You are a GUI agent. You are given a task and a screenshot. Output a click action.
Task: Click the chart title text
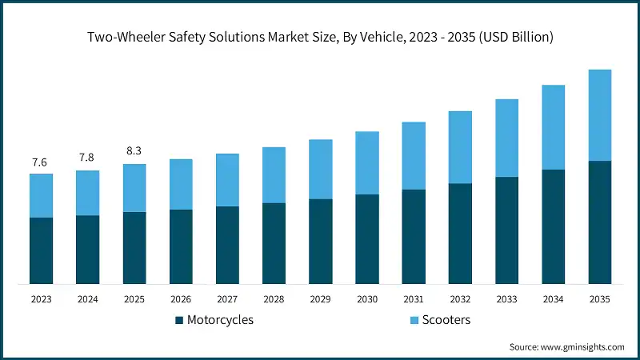[320, 37]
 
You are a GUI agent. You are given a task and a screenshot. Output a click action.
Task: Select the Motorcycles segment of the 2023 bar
[41, 250]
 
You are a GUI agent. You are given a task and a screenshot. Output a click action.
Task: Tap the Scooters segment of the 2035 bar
[600, 115]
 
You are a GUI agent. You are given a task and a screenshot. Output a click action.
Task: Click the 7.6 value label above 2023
[40, 162]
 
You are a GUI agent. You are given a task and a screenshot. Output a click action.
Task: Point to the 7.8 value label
[87, 158]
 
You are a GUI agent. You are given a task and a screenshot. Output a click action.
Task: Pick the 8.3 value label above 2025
[134, 150]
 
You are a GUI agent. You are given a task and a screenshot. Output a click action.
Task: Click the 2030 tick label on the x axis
[366, 298]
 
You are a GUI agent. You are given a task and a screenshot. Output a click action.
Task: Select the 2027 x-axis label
[227, 298]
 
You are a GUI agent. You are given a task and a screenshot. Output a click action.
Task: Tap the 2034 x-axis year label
[553, 298]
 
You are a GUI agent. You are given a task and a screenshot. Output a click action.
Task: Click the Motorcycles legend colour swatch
[180, 321]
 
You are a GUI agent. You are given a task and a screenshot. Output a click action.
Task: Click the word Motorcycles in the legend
[220, 320]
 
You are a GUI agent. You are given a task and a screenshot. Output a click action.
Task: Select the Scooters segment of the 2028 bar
[274, 175]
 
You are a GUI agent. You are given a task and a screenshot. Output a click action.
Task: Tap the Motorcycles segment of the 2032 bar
[460, 234]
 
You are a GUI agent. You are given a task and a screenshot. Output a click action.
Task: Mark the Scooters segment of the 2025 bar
[134, 188]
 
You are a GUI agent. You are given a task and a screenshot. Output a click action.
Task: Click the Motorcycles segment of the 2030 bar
[366, 239]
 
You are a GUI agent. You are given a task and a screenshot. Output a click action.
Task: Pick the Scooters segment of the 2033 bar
[506, 138]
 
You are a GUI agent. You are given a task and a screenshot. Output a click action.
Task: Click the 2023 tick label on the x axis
[41, 298]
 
